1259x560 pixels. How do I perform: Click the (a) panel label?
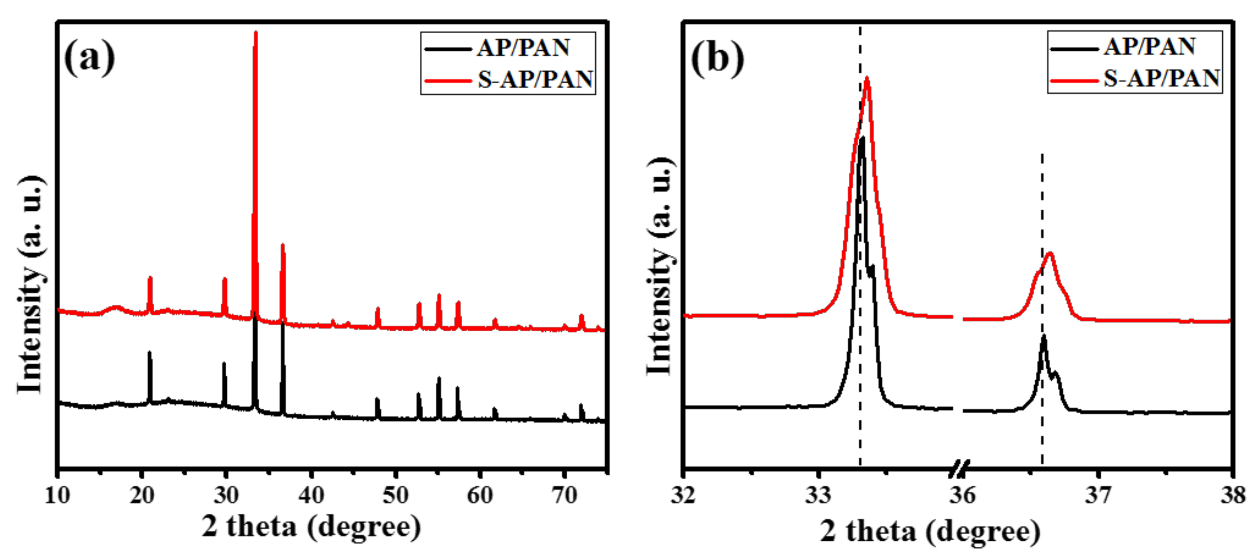(x=89, y=58)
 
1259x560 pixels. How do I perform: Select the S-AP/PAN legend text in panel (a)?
(x=535, y=79)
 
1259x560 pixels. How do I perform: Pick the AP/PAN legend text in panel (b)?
(x=1150, y=47)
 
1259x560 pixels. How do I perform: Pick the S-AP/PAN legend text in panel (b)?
(x=1161, y=78)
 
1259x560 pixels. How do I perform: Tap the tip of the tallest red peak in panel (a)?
(x=256, y=33)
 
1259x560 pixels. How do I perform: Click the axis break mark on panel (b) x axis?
(x=959, y=469)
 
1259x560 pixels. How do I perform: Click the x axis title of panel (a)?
(x=311, y=527)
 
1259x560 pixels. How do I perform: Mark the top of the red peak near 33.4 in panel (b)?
(x=867, y=78)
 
